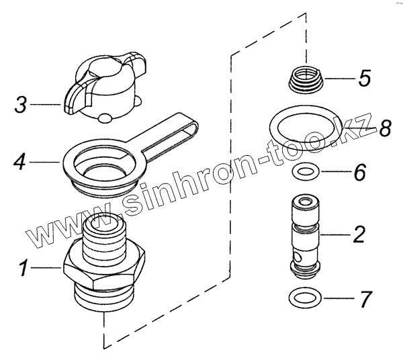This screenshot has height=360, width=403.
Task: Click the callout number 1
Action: tap(24, 271)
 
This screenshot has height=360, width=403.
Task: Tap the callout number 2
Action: tap(359, 234)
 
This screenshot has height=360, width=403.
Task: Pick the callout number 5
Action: tap(363, 79)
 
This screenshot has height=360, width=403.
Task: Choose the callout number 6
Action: tap(359, 173)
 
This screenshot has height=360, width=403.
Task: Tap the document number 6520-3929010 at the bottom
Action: tap(202, 353)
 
